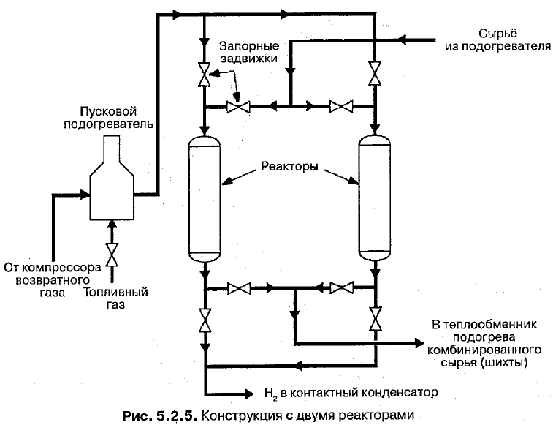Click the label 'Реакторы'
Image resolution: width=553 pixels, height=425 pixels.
(x=290, y=167)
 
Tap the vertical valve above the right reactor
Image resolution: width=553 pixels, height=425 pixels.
(x=375, y=75)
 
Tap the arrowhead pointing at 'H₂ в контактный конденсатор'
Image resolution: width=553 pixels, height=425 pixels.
(x=249, y=392)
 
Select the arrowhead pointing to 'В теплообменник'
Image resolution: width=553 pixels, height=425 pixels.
(x=419, y=342)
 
